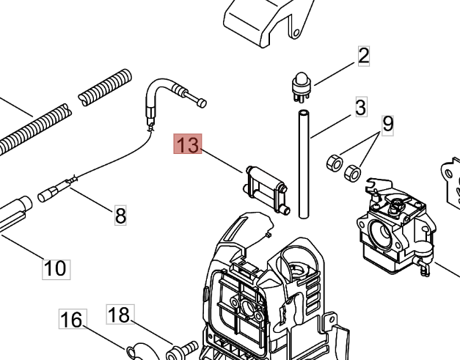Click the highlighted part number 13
coord(186,144)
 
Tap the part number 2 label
coord(364,55)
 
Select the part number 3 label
coord(360,108)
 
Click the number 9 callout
coord(387,124)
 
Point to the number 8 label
coord(120,215)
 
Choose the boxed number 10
coord(55,268)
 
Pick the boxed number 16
coord(71,320)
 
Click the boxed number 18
coord(119,315)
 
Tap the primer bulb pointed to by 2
coord(299,87)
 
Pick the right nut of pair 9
coord(352,172)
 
